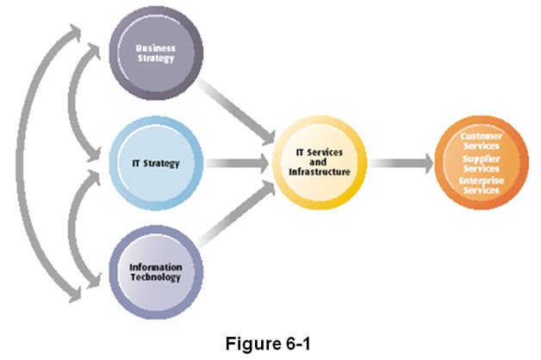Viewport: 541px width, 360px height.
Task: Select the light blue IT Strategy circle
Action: click(x=156, y=163)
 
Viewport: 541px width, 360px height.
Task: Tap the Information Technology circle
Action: click(x=156, y=272)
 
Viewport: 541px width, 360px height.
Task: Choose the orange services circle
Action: click(x=480, y=162)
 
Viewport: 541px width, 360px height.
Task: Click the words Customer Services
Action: click(x=480, y=141)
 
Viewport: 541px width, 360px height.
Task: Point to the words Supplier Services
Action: click(x=480, y=163)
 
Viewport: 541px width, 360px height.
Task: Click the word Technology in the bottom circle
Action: click(x=156, y=277)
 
